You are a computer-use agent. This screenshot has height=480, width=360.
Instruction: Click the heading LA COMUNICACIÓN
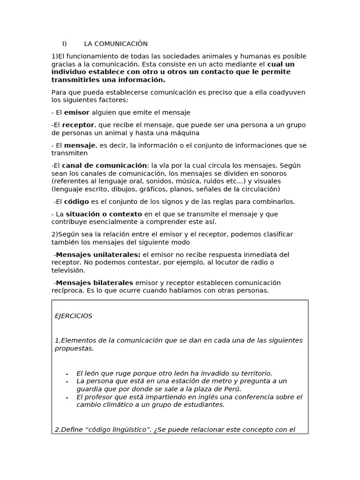coord(116,44)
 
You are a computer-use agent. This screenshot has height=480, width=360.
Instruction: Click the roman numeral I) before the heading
coord(65,44)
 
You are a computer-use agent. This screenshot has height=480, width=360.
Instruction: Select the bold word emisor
coord(76,112)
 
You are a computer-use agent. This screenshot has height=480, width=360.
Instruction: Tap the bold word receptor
coord(78,125)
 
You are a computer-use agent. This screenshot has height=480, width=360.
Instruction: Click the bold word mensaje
coord(80,145)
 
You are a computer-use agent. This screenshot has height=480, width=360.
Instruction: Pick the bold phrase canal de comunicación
coord(104,165)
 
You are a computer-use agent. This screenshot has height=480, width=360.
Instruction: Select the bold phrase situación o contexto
coord(104,214)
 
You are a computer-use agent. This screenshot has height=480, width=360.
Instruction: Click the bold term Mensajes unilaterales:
coord(98,255)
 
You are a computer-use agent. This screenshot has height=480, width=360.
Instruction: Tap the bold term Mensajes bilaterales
coord(94,283)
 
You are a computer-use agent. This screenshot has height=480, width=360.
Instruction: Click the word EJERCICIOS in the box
coord(74,316)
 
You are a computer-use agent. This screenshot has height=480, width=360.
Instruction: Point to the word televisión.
coord(68,270)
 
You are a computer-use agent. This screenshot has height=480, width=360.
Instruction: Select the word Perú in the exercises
coord(231,389)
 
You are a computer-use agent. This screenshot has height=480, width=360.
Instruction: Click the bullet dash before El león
coord(67,374)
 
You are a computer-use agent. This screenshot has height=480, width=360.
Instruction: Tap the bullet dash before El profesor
coord(67,397)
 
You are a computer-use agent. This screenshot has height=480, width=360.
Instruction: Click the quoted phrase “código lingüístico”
coord(109,430)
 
